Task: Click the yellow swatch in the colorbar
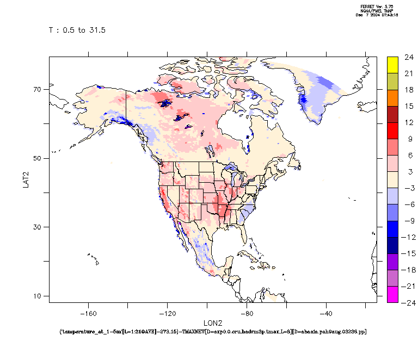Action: pos(392,65)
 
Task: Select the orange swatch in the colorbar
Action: pos(392,98)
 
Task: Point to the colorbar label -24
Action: pos(409,302)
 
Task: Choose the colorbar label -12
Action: pos(409,237)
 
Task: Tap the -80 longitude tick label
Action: pos(247,313)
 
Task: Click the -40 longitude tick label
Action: pos(325,313)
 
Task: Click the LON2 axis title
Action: pos(212,323)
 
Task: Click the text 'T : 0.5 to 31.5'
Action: pos(77,30)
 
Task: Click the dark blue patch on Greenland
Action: pos(303,101)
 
